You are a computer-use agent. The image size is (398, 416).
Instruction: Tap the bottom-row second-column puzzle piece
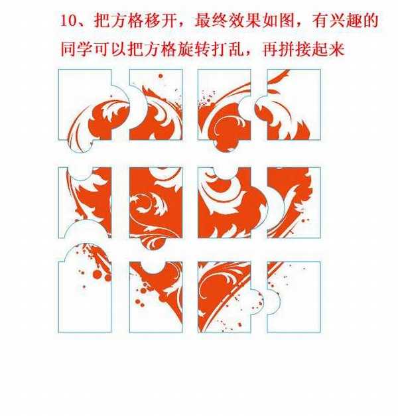pos(156,299)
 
